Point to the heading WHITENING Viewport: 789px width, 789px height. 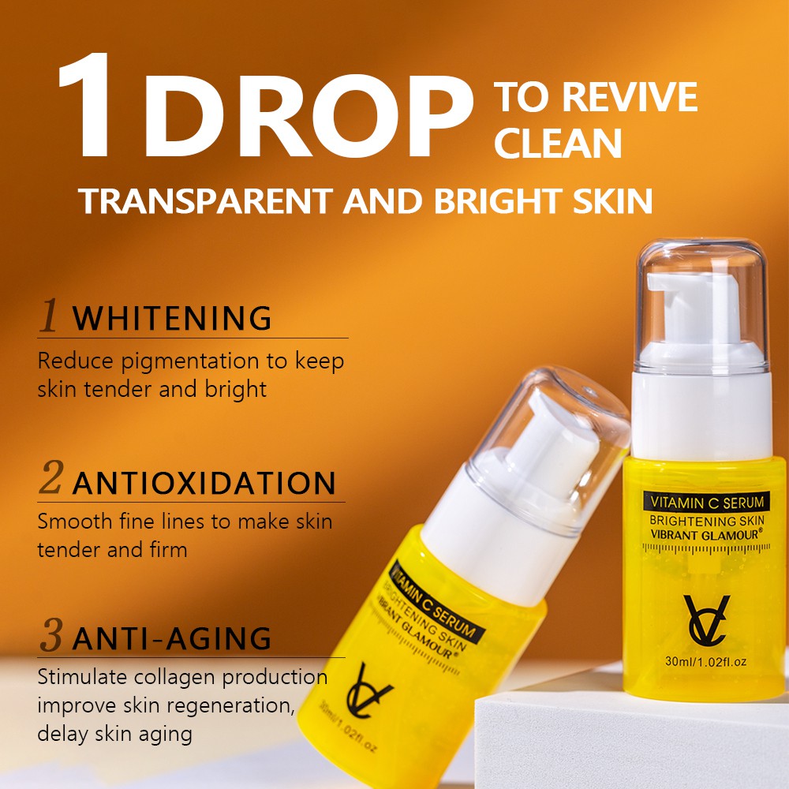[x=172, y=318]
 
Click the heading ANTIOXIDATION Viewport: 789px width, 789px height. [x=204, y=483]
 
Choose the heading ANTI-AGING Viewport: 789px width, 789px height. [x=172, y=638]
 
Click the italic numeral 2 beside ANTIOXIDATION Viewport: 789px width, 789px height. [x=50, y=481]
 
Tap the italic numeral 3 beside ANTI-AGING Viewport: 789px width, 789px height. [x=50, y=636]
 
